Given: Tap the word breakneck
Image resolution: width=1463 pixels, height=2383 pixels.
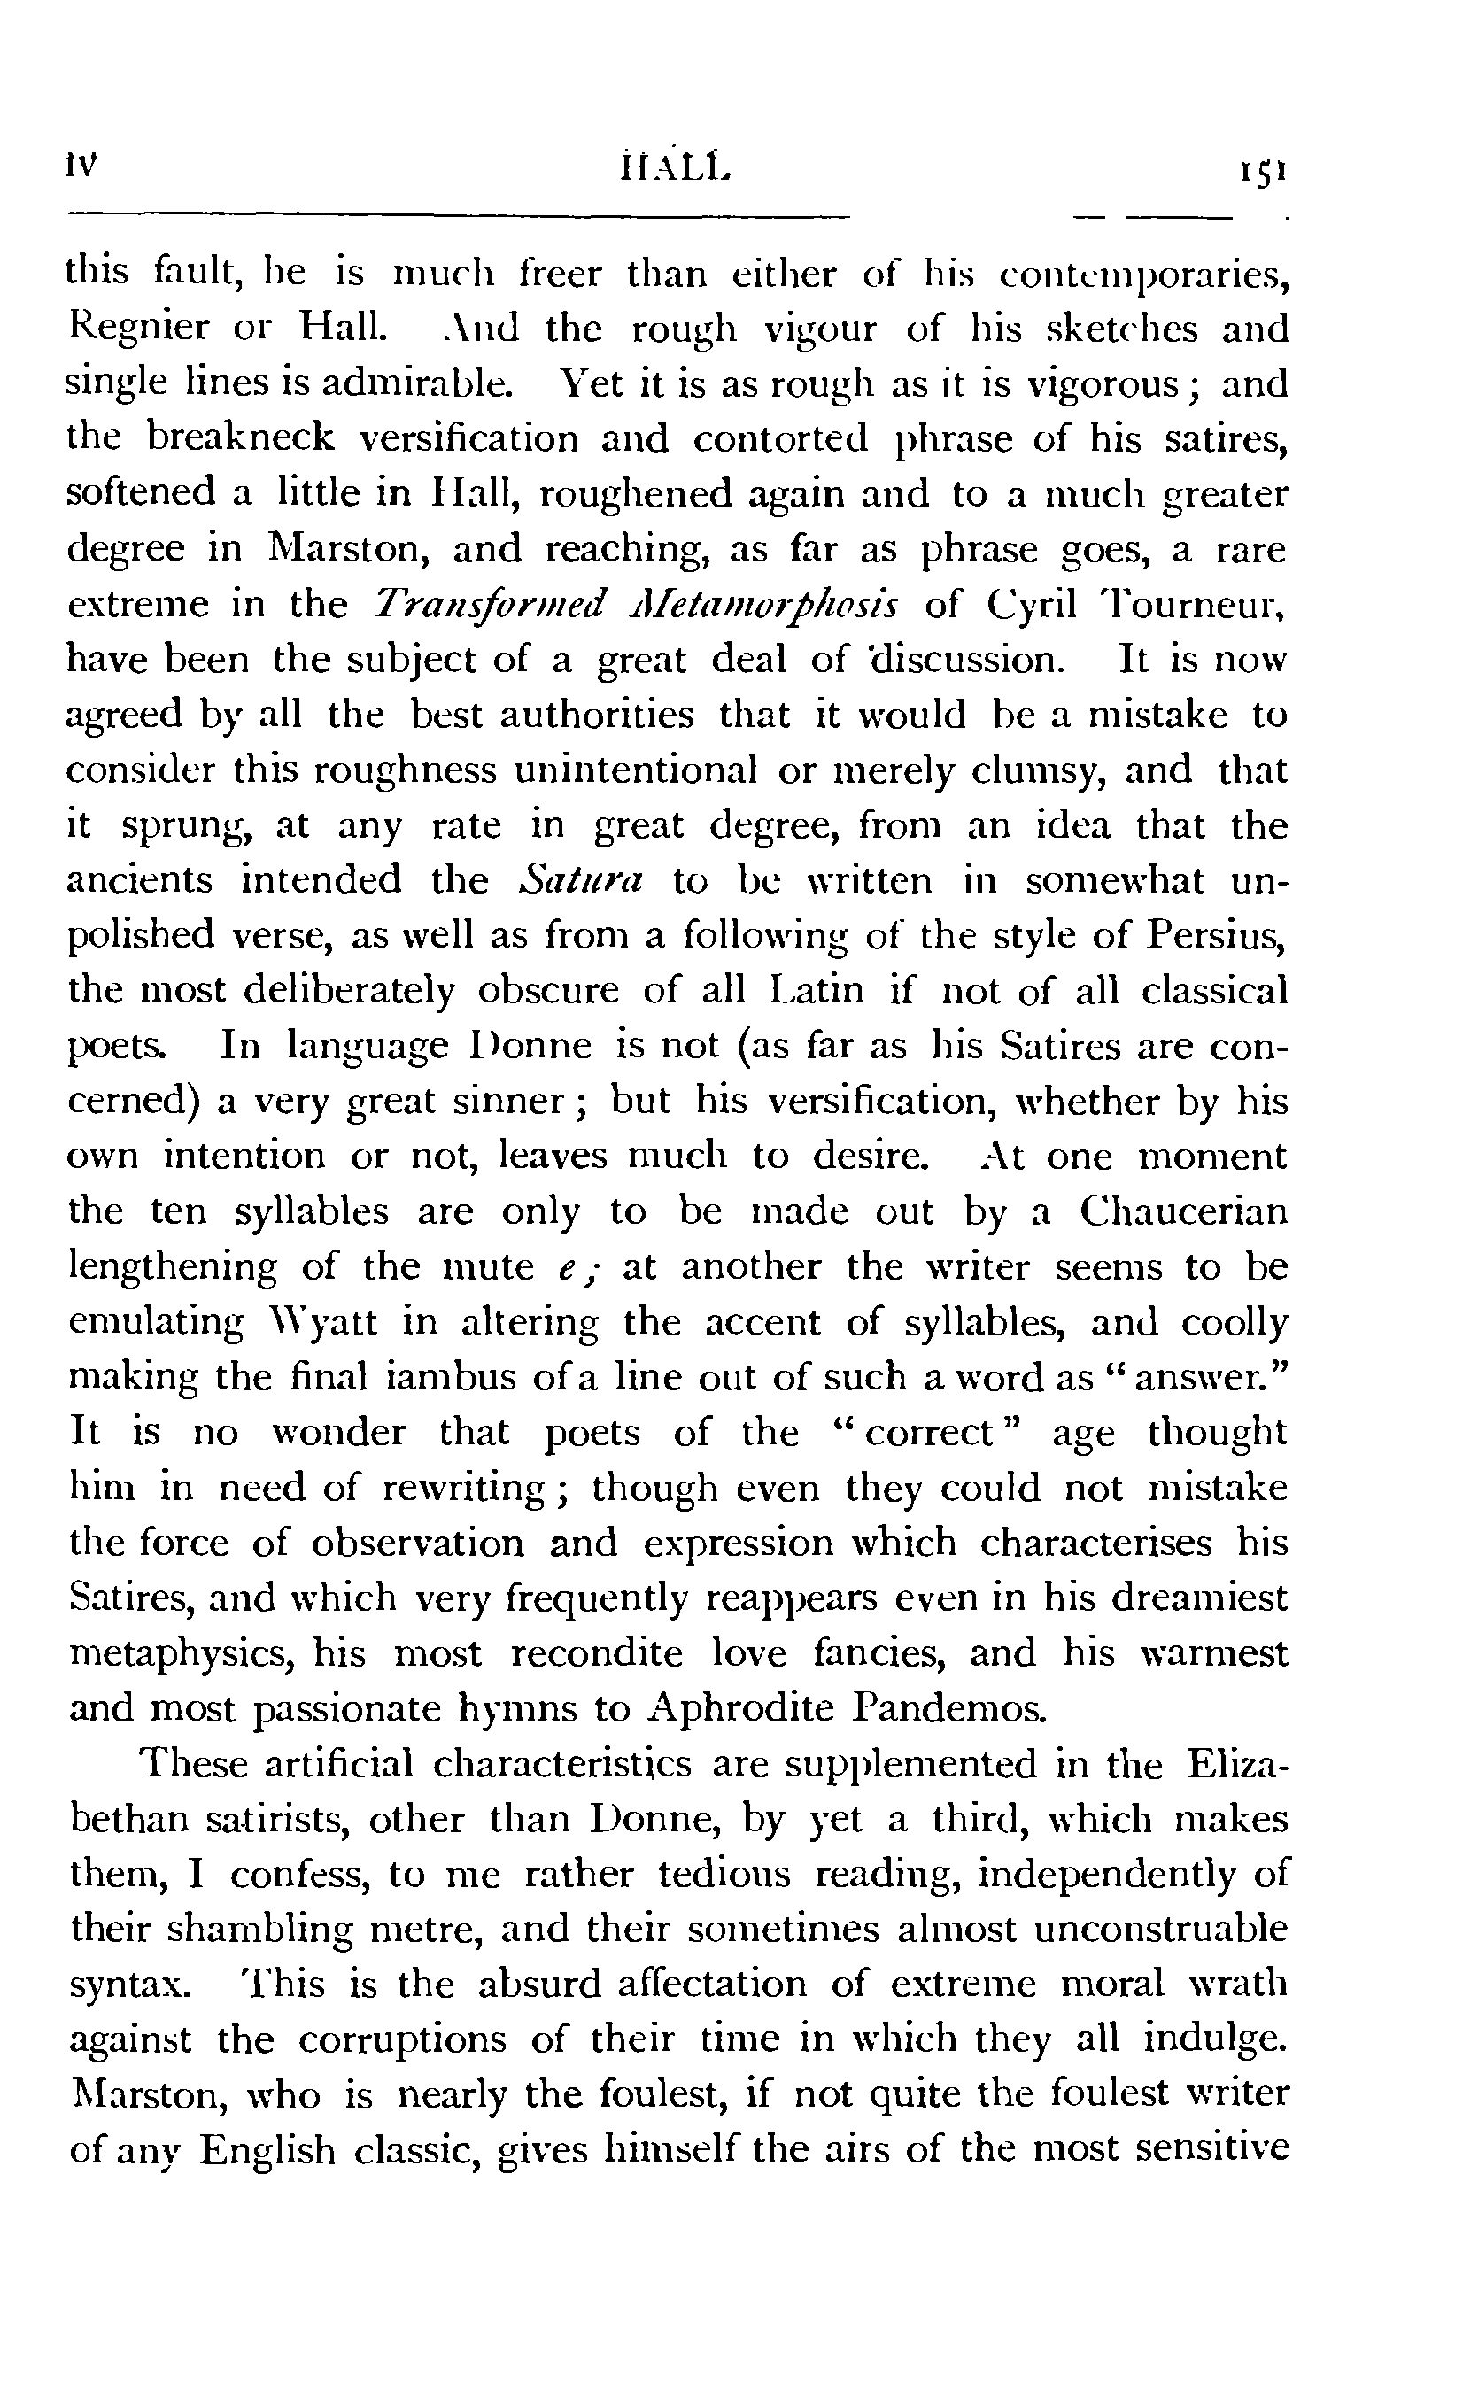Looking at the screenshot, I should pos(240,439).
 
